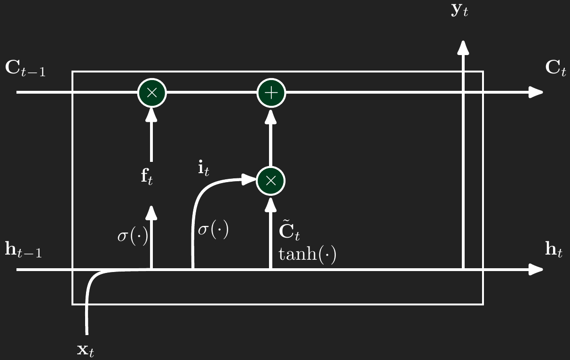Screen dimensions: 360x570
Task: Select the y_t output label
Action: (459, 11)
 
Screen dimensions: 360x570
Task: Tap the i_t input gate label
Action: (203, 168)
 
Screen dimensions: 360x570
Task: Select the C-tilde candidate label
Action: (290, 232)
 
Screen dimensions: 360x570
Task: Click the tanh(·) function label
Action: (307, 254)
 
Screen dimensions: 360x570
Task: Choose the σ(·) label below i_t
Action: (213, 231)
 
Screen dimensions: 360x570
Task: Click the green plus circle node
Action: (271, 92)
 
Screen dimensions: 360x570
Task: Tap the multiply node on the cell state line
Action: (151, 92)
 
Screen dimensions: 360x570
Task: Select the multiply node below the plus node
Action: (271, 181)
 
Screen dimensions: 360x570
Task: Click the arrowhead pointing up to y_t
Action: (464, 47)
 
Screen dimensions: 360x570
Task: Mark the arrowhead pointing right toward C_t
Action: (536, 92)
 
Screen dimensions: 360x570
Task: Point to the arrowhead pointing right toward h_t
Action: (536, 270)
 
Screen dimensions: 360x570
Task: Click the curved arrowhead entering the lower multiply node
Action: (249, 179)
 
